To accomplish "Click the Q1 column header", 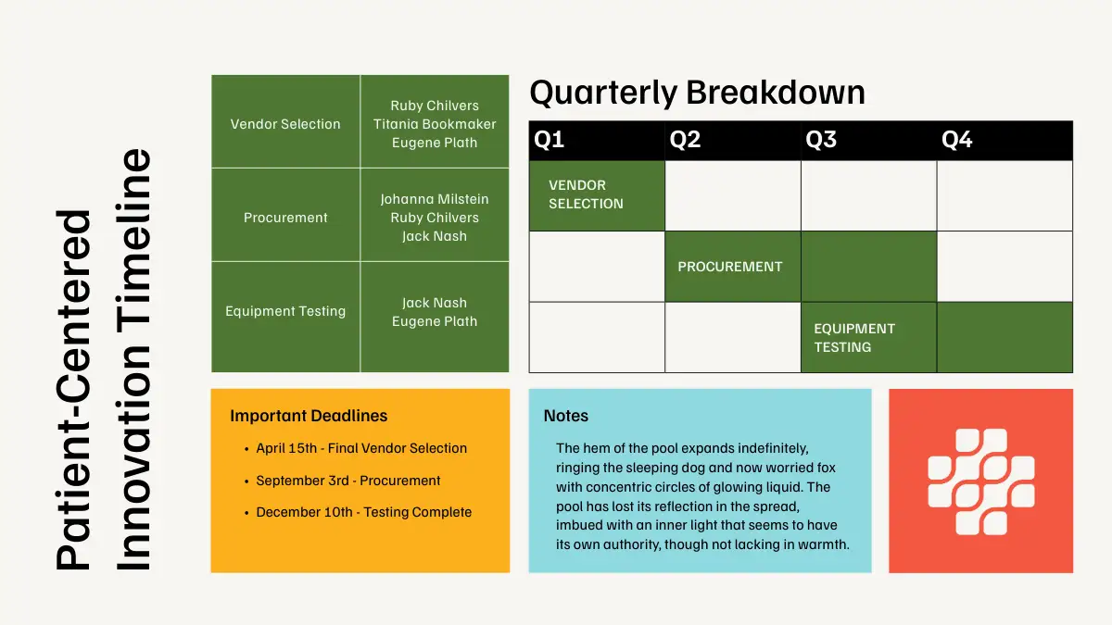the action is (549, 140).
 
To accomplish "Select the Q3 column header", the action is (821, 140).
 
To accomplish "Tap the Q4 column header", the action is (956, 140).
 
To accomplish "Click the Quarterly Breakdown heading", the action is (697, 93).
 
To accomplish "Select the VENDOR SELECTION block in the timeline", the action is (597, 195).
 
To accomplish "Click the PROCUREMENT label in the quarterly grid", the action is (730, 267).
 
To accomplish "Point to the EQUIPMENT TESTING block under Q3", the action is (869, 337).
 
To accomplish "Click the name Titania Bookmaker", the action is (435, 124).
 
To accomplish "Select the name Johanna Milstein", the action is (435, 199).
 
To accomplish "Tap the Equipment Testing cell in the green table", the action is (285, 311).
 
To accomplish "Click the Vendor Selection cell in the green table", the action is (285, 124).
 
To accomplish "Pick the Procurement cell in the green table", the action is (285, 218).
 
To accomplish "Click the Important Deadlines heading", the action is (309, 416).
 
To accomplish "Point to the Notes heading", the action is (566, 416).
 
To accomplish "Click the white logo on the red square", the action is (981, 481).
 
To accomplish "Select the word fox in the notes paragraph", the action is (826, 468).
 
